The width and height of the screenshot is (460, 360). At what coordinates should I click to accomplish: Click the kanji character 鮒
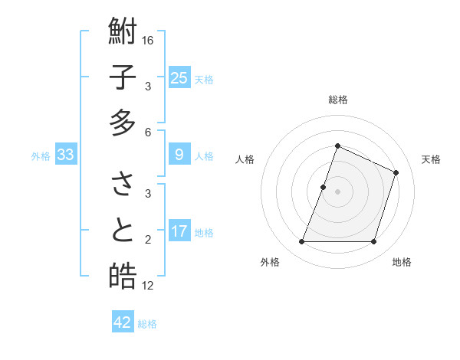[x=123, y=32]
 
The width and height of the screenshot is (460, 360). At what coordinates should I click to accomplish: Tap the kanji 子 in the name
[x=123, y=77]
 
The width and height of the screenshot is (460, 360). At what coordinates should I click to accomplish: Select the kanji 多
[x=123, y=123]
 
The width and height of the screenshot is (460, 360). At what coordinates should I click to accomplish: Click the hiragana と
[x=123, y=231]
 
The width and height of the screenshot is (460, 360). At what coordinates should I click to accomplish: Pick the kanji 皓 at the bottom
[x=123, y=276]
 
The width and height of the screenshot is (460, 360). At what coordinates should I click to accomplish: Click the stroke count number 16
[x=148, y=41]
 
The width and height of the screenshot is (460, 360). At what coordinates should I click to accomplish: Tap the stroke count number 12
[x=148, y=286]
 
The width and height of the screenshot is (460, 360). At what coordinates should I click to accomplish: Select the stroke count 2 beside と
[x=148, y=240]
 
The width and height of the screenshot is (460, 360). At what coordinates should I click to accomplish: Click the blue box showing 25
[x=179, y=77]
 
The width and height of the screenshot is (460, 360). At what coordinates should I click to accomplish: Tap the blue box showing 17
[x=179, y=231]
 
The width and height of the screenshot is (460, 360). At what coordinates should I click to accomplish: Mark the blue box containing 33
[x=65, y=155]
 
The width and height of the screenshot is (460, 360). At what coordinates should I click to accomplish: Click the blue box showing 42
[x=123, y=322]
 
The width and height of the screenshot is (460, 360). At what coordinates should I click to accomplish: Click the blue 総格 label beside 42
[x=148, y=324]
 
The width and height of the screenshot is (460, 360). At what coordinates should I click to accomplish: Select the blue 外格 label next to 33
[x=41, y=156]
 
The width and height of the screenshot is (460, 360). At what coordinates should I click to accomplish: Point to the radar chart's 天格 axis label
[x=432, y=159]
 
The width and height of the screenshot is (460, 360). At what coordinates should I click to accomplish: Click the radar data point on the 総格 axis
[x=337, y=146]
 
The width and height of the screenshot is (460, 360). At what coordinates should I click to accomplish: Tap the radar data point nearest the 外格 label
[x=301, y=242]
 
